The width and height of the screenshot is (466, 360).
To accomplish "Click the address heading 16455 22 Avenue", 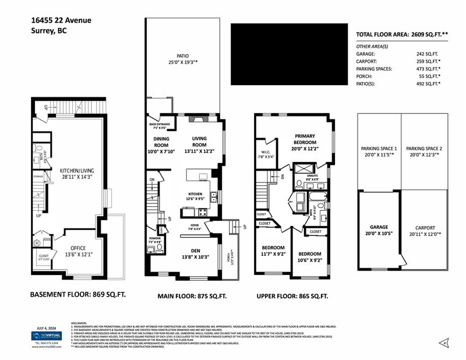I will click(61, 20).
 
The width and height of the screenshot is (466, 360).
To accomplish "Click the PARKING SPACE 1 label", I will click(379, 149).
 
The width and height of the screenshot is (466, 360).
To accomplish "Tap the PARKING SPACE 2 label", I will click(424, 149).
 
